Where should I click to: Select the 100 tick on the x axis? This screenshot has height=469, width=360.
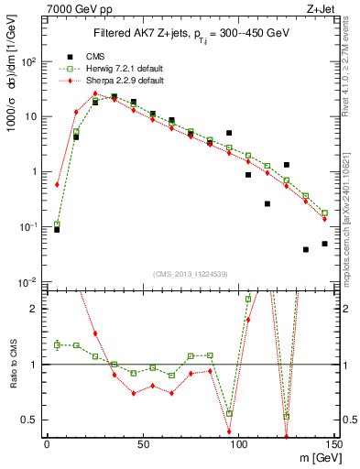pyautogui.click(x=238, y=444)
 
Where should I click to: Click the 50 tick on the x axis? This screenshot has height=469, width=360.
pyautogui.click(x=143, y=444)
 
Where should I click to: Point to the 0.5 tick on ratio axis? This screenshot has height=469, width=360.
pyautogui.click(x=30, y=420)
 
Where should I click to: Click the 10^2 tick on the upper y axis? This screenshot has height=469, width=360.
pyautogui.click(x=29, y=61)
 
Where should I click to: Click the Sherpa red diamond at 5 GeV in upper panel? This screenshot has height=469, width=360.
pyautogui.click(x=57, y=184)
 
